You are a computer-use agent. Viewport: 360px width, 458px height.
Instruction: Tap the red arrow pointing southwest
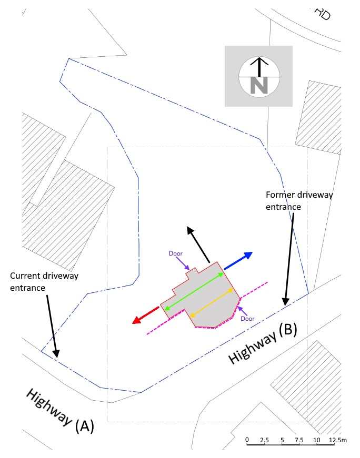tap(146, 315)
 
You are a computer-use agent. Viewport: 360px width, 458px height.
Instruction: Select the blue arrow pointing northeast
tap(238, 260)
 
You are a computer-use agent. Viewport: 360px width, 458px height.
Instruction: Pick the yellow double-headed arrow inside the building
tap(212, 302)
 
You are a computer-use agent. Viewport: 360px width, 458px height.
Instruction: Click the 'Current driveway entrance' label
tap(44, 282)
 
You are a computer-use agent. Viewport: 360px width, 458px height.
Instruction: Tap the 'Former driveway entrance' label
tap(299, 201)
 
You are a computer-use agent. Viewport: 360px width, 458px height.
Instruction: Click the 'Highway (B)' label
tap(262, 343)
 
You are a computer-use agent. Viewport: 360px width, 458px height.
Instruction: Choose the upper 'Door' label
tap(175, 253)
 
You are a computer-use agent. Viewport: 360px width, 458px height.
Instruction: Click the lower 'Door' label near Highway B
tap(247, 319)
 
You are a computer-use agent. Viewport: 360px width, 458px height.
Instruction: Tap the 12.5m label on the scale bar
tap(338, 440)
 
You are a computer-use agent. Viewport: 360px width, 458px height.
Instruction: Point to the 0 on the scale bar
tap(247, 440)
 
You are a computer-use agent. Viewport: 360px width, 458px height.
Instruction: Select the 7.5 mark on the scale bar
tap(299, 440)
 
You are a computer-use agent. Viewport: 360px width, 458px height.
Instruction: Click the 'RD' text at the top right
tap(323, 14)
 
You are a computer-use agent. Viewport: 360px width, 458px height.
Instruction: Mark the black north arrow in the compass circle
tap(259, 67)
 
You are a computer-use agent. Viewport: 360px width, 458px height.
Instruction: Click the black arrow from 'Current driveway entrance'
tap(52, 326)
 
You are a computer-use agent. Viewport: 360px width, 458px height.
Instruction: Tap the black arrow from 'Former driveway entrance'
tap(289, 259)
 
